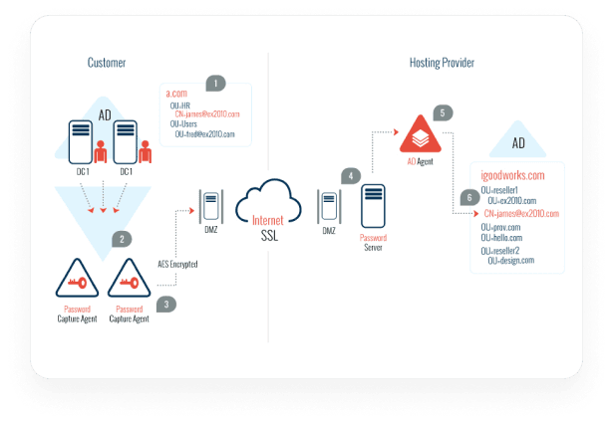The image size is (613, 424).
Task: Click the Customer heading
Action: pos(107,64)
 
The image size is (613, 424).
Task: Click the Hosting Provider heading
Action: pos(442,64)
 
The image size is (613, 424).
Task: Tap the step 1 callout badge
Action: pos(215,83)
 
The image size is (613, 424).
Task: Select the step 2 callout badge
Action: pos(121,239)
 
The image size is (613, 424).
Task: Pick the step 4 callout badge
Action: pos(350,175)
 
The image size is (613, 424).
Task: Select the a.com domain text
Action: pos(176,93)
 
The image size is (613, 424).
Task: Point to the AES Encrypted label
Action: pos(177,264)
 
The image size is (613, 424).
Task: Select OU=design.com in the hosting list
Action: pos(511,261)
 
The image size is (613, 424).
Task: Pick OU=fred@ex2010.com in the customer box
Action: pos(204,133)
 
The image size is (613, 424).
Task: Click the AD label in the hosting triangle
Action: pos(518,143)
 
